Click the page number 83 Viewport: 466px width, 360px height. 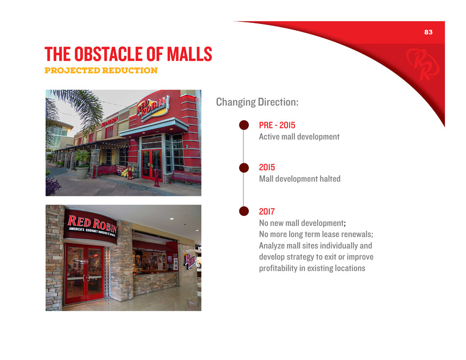pyautogui.click(x=428, y=32)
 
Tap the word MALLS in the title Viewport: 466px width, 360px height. pyautogui.click(x=189, y=54)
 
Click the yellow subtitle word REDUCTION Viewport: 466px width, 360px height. pyautogui.click(x=130, y=70)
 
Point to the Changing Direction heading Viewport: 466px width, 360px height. pyautogui.click(x=257, y=102)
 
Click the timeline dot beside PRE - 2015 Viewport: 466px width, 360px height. pyautogui.click(x=244, y=125)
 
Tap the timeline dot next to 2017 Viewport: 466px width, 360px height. pyautogui.click(x=244, y=211)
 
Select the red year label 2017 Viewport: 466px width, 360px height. pyautogui.click(x=267, y=211)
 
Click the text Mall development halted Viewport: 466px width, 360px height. pyautogui.click(x=300, y=179)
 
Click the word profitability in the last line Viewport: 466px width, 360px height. pyautogui.click(x=278, y=268)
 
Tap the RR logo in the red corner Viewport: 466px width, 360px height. pyautogui.click(x=423, y=64)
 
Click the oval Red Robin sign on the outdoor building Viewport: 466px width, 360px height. pyautogui.click(x=153, y=108)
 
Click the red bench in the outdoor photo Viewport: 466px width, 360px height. pyautogui.click(x=185, y=177)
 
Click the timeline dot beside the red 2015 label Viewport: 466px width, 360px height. pyautogui.click(x=244, y=168)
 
